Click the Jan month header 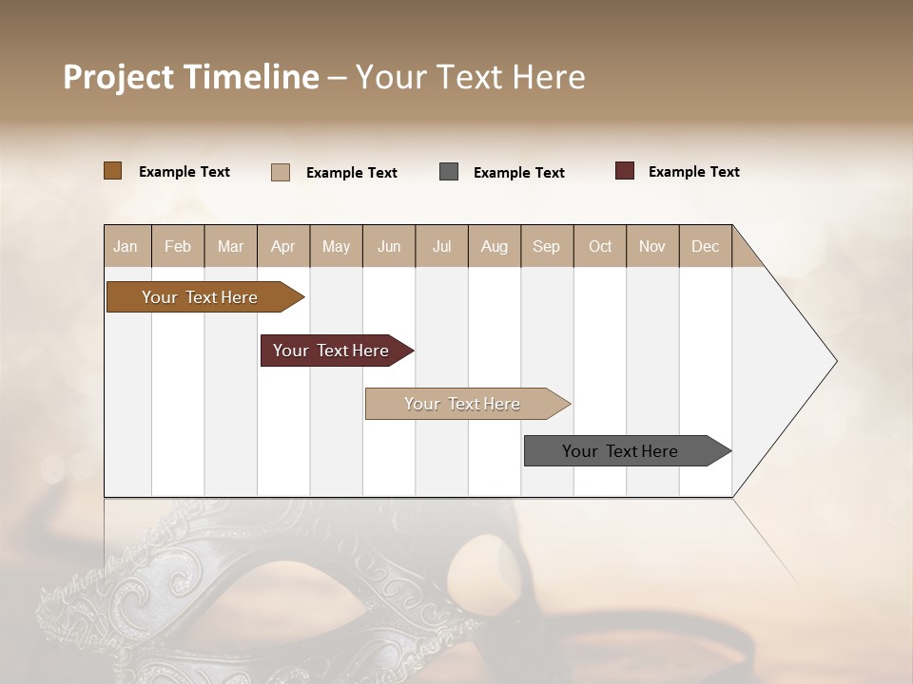(126, 246)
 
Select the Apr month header (283, 246)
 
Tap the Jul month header (441, 246)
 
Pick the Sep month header (546, 246)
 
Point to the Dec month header (705, 246)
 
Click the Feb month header (178, 246)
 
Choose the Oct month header (600, 246)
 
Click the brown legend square (112, 171)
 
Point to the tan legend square (281, 172)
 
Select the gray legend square (449, 172)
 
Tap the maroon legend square (625, 171)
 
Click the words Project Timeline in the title (191, 77)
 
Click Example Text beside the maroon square (693, 172)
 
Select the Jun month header (389, 246)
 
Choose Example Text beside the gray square (518, 173)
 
